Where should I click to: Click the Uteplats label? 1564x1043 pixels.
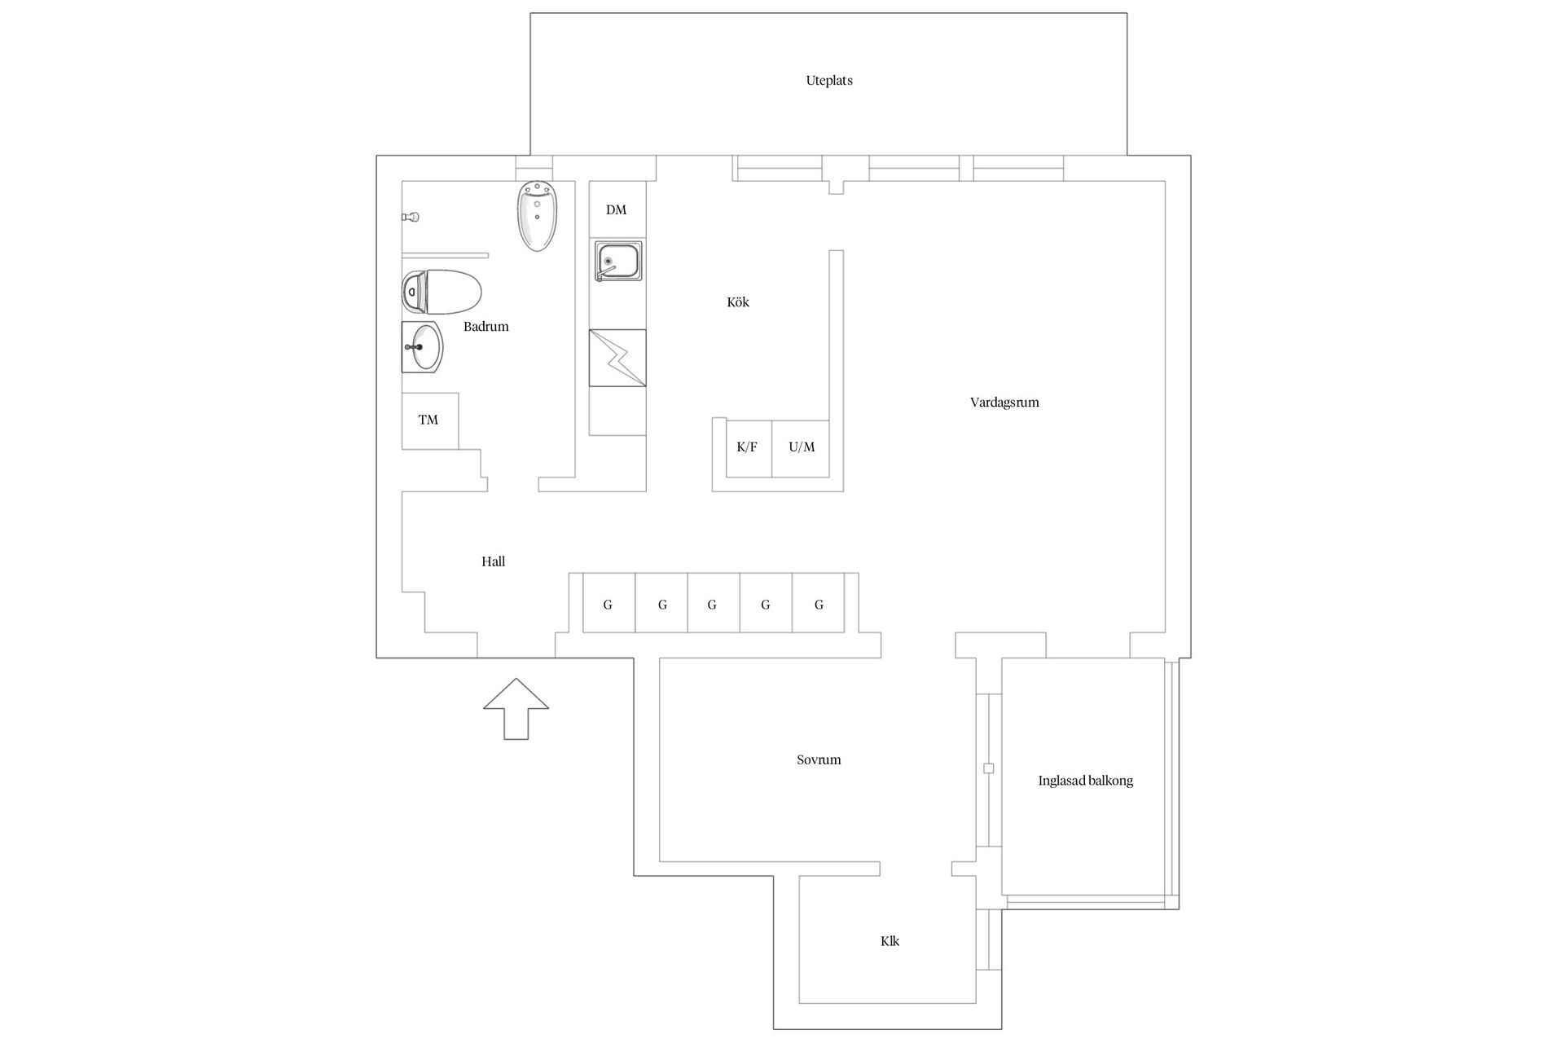point(829,81)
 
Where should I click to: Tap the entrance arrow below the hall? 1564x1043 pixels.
point(516,709)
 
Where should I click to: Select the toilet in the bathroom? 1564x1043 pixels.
point(442,292)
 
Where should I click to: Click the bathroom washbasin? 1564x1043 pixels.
point(422,347)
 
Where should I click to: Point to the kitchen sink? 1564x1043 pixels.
point(617,261)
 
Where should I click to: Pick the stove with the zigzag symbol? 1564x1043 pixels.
point(617,358)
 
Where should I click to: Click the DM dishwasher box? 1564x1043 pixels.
point(617,209)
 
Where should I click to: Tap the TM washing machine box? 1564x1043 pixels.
point(429,420)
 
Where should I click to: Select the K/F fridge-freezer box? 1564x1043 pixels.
point(748,448)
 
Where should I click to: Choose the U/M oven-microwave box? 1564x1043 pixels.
point(802,448)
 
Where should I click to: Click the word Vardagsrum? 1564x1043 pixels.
point(1004,403)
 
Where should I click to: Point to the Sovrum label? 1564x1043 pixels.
point(819,760)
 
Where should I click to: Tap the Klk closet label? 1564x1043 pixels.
point(890,941)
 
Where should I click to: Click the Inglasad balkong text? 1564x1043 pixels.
point(1085,781)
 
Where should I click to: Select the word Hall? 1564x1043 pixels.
point(493,561)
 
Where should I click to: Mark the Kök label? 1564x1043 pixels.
point(738,302)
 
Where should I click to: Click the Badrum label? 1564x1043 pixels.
point(486,327)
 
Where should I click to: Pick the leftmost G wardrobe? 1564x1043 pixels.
point(608,603)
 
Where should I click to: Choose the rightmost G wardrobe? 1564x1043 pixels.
point(819,603)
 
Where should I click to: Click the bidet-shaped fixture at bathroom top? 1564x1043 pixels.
point(537,215)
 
